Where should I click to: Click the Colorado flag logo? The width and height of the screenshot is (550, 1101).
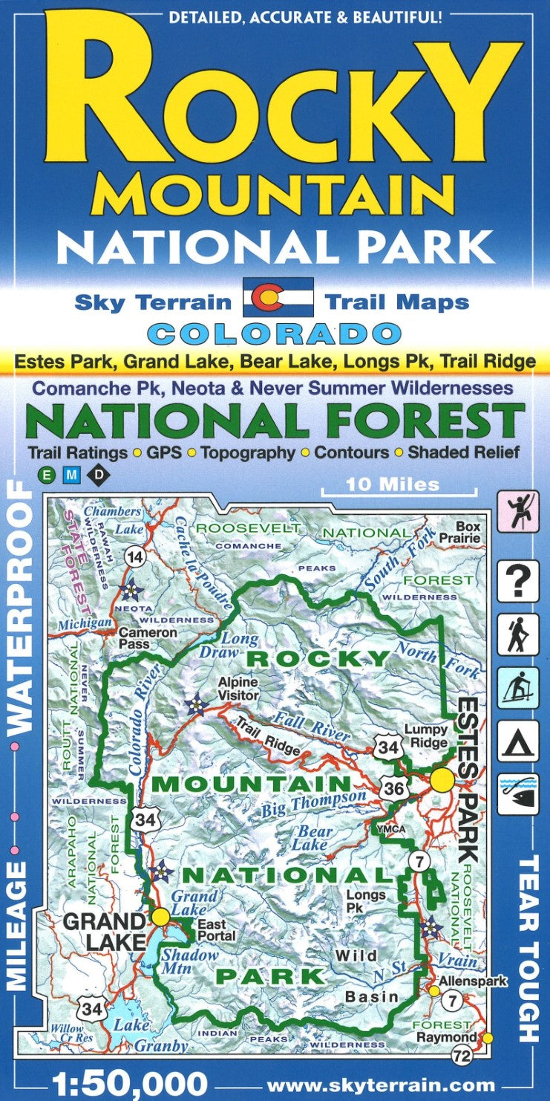click(278, 298)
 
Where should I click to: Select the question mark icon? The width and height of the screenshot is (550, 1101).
click(517, 581)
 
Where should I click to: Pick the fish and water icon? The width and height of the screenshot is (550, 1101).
click(517, 793)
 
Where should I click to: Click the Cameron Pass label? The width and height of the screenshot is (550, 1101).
click(148, 638)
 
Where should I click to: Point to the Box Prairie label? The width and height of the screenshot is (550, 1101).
click(468, 533)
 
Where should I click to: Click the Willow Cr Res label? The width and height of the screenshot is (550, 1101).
click(68, 1034)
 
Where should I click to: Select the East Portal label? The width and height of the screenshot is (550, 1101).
click(216, 930)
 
